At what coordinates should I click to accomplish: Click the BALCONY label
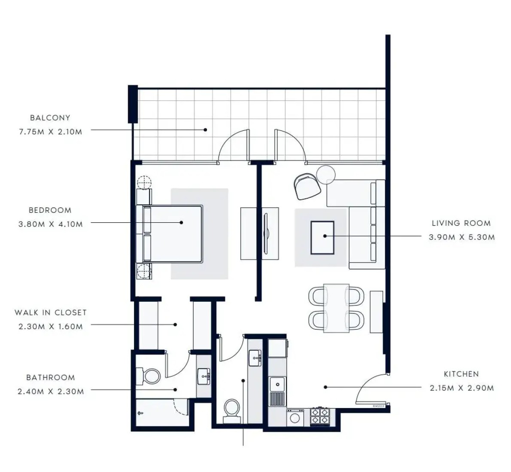click(x=50, y=118)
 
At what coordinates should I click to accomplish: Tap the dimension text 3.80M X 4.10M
click(x=51, y=224)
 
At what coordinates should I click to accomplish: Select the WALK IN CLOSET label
click(x=51, y=312)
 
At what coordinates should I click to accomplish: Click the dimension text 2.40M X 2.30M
click(x=51, y=391)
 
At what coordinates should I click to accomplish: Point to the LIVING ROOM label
click(x=461, y=223)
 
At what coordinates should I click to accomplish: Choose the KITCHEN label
click(x=461, y=374)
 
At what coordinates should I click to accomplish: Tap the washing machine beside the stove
click(x=295, y=418)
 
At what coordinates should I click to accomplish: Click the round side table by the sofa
click(x=326, y=175)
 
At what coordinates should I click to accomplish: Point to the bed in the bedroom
click(x=170, y=234)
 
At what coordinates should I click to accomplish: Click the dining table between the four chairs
click(x=336, y=308)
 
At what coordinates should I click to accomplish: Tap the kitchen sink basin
click(x=277, y=384)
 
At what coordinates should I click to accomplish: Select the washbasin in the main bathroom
click(x=204, y=377)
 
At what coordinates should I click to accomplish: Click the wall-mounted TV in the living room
click(x=266, y=233)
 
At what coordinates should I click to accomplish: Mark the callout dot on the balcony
click(x=205, y=130)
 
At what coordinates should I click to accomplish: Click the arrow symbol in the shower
click(x=141, y=413)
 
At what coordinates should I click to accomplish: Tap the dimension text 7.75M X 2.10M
click(x=51, y=132)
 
